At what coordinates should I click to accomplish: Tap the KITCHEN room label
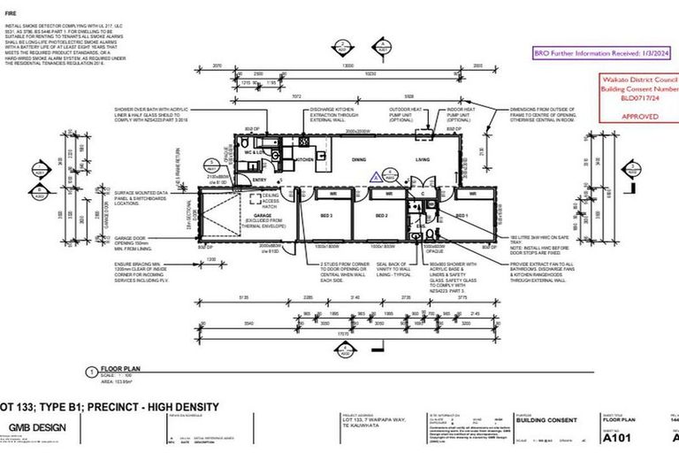305,159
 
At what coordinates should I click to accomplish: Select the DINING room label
358,159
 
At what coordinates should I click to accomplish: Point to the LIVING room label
427,159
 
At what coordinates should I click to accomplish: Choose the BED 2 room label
382,216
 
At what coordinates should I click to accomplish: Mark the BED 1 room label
461,216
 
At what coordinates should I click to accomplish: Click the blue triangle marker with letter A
375,176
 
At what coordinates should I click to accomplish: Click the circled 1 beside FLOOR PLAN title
90,371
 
